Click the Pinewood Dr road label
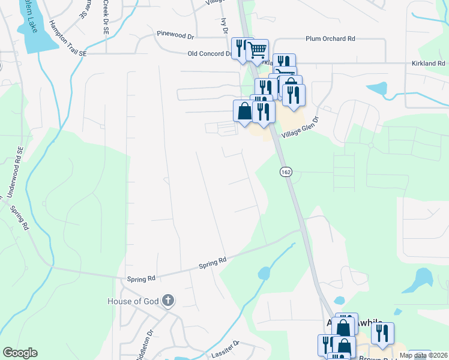tap(175, 35)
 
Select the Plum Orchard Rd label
tap(330, 38)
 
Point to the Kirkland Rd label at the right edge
tap(429, 63)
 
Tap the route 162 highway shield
tap(285, 172)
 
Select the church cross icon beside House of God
tap(169, 301)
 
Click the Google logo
tap(20, 353)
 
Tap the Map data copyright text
tap(423, 355)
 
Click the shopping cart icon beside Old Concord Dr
tap(258, 50)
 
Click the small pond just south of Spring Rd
tap(264, 274)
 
